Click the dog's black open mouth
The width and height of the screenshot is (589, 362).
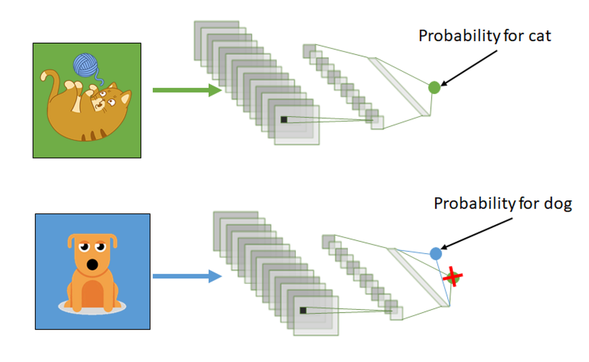tap(92, 265)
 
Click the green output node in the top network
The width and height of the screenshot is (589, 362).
tap(434, 87)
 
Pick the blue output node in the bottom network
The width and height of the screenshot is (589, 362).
tap(436, 253)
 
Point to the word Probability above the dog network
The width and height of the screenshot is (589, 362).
tap(467, 203)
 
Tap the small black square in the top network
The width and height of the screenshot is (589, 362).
tap(284, 119)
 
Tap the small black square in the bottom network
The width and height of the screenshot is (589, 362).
tap(303, 310)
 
